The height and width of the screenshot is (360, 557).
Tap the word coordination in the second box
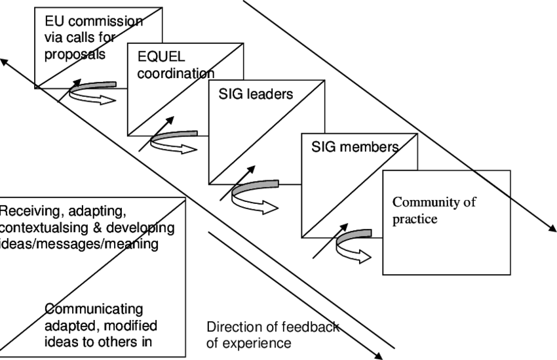[176, 74]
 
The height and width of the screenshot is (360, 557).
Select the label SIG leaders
[256, 94]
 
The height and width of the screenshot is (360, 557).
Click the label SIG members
[355, 147]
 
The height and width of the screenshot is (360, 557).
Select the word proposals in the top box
[74, 54]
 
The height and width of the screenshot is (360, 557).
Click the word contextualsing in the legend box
[45, 228]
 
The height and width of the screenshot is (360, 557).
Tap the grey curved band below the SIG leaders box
[256, 186]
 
